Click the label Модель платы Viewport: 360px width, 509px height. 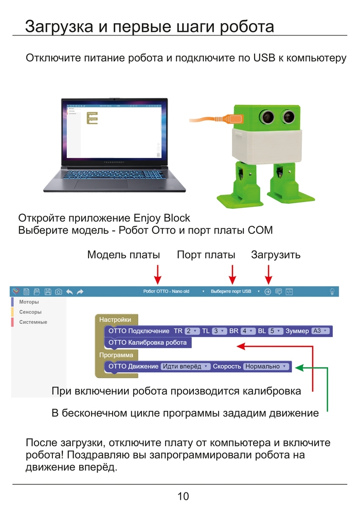pos(123,255)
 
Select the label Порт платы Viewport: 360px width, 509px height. pos(206,255)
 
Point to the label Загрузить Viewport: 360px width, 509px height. pos(276,255)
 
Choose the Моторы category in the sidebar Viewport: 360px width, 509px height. pos(29,302)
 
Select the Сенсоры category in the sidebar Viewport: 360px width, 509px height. pos(30,312)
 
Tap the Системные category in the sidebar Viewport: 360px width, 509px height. pos(33,322)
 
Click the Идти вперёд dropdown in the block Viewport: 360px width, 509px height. pos(186,367)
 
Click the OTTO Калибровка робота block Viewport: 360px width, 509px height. pos(148,342)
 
